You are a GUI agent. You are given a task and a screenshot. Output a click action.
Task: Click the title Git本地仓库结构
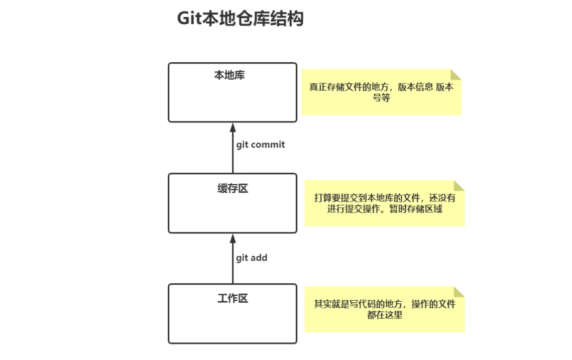(x=241, y=19)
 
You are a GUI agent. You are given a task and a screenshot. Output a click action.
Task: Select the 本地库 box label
(x=230, y=76)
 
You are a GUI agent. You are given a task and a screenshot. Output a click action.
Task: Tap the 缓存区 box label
(x=233, y=189)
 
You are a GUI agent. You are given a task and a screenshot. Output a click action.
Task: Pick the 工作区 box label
(x=233, y=299)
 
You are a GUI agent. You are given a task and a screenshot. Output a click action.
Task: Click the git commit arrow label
(x=261, y=145)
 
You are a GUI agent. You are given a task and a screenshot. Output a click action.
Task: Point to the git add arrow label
(x=252, y=258)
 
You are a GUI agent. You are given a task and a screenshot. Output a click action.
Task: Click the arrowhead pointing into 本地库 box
(x=233, y=128)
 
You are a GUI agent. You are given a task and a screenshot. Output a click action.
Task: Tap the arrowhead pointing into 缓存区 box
(x=233, y=238)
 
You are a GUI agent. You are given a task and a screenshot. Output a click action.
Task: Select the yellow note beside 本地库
(x=381, y=92)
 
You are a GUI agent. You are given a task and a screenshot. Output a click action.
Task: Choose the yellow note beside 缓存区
(x=385, y=203)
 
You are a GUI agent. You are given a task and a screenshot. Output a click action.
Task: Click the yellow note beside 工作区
(x=385, y=309)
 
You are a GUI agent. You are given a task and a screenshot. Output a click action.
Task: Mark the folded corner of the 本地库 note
(x=456, y=74)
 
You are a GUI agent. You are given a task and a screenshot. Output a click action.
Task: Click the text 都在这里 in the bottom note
(x=385, y=315)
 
